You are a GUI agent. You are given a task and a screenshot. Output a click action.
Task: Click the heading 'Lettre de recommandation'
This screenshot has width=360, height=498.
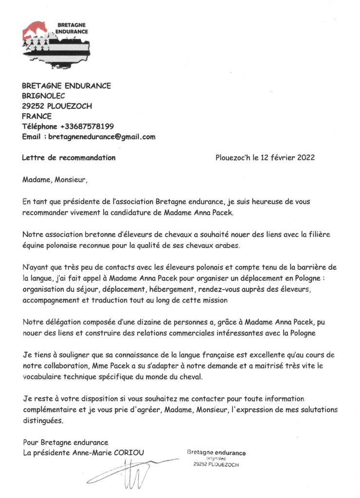(x=69, y=158)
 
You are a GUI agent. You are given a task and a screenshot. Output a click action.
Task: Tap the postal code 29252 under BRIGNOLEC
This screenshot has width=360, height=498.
(x=32, y=106)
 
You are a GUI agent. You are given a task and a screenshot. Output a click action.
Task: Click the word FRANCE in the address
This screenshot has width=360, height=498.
(x=36, y=116)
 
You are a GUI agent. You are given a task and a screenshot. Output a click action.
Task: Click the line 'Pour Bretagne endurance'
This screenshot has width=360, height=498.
(x=65, y=443)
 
